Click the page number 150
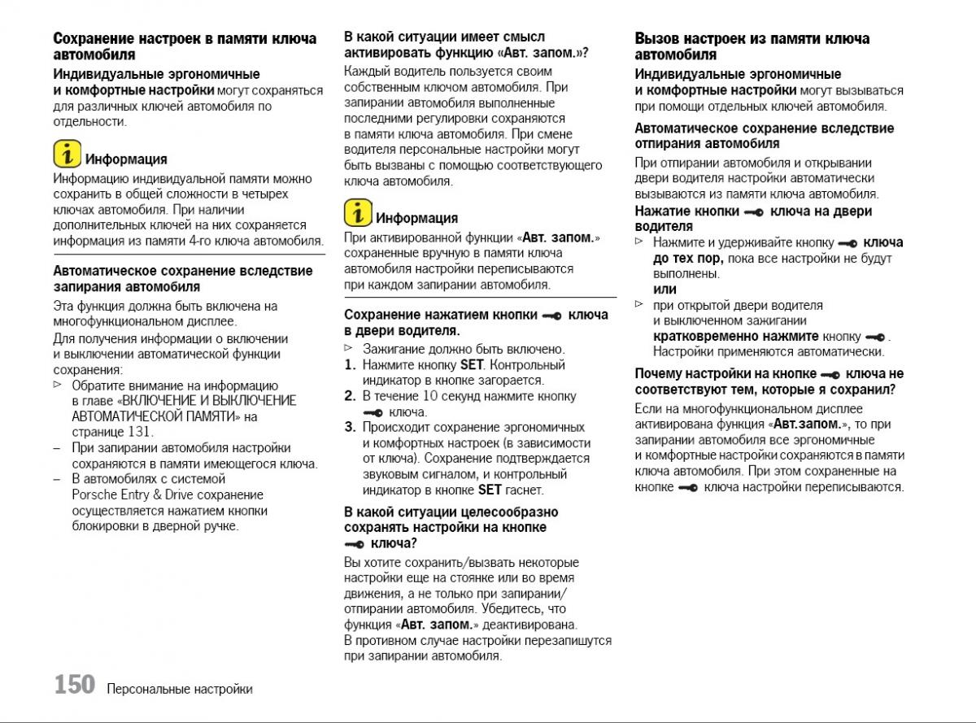click(x=75, y=685)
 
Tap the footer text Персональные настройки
click(x=179, y=689)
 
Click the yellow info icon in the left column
click(x=68, y=154)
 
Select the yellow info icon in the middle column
click(x=358, y=213)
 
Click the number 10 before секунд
click(x=430, y=396)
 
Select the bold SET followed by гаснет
click(x=490, y=490)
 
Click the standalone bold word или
click(x=664, y=290)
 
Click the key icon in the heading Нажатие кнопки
click(x=753, y=212)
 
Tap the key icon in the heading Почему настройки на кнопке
click(x=830, y=375)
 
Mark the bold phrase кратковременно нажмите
click(x=735, y=336)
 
